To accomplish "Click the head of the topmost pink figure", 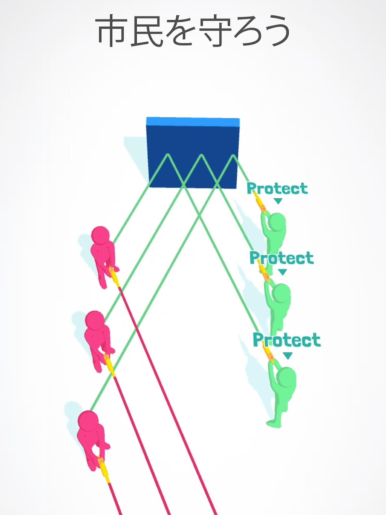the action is (100, 235).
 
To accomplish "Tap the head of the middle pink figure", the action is (95, 320).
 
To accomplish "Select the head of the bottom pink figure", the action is (88, 420).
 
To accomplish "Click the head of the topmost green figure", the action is (277, 222).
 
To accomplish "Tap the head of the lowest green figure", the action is (286, 377).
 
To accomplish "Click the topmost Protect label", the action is (277, 189).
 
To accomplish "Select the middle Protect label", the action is (282, 257).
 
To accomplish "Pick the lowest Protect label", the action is (287, 339).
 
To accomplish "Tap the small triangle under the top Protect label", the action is (278, 201).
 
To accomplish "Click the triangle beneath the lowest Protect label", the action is (288, 356).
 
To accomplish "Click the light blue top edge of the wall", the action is (193, 121).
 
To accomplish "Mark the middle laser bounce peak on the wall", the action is (201, 155).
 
